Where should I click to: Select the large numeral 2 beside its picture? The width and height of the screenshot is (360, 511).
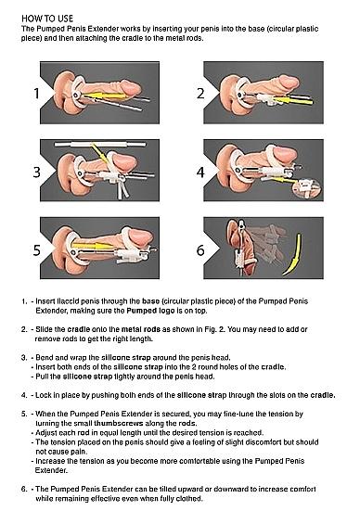click(x=198, y=94)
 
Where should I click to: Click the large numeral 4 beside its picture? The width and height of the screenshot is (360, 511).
click(x=198, y=172)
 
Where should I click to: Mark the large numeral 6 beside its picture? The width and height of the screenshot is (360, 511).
click(x=198, y=249)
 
